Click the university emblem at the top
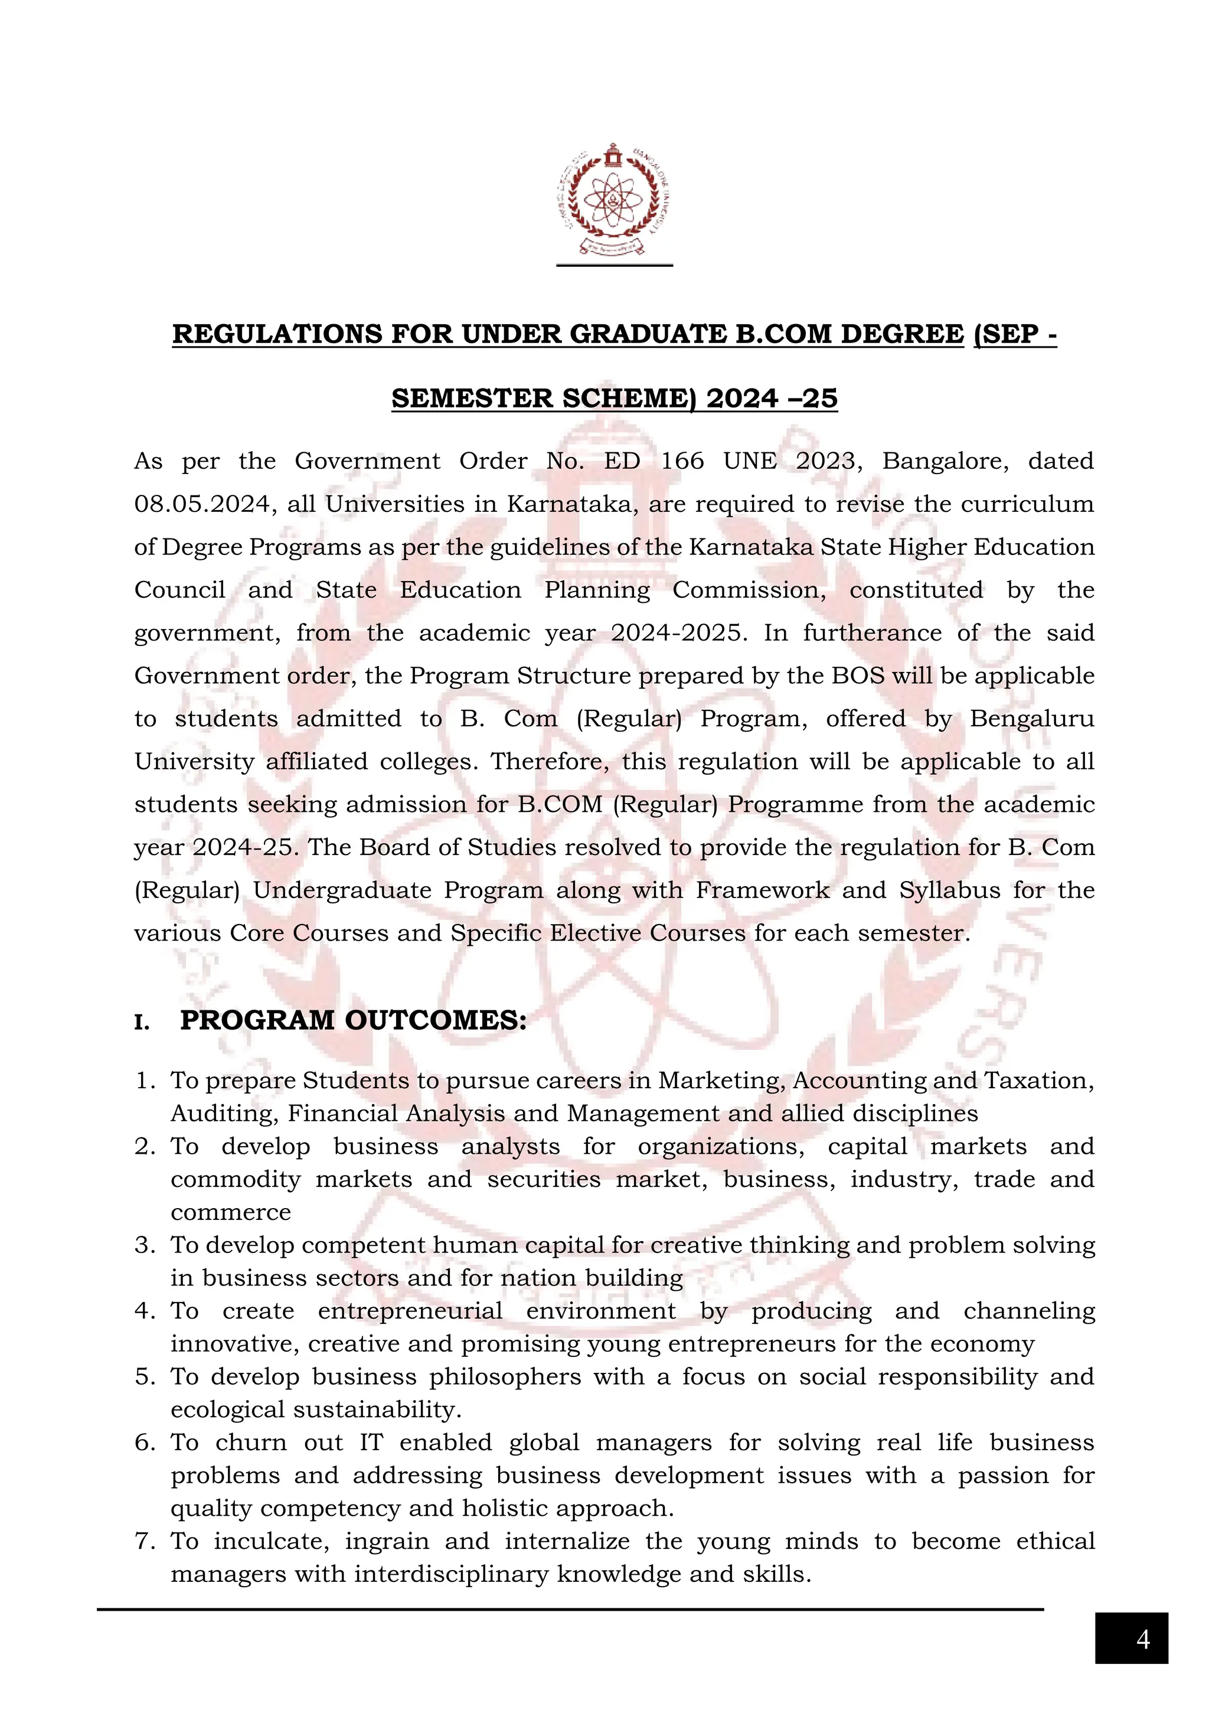(x=614, y=199)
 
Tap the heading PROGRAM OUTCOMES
(x=353, y=1020)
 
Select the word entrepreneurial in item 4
(x=410, y=1311)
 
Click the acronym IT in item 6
(x=371, y=1443)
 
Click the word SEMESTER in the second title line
(x=472, y=399)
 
